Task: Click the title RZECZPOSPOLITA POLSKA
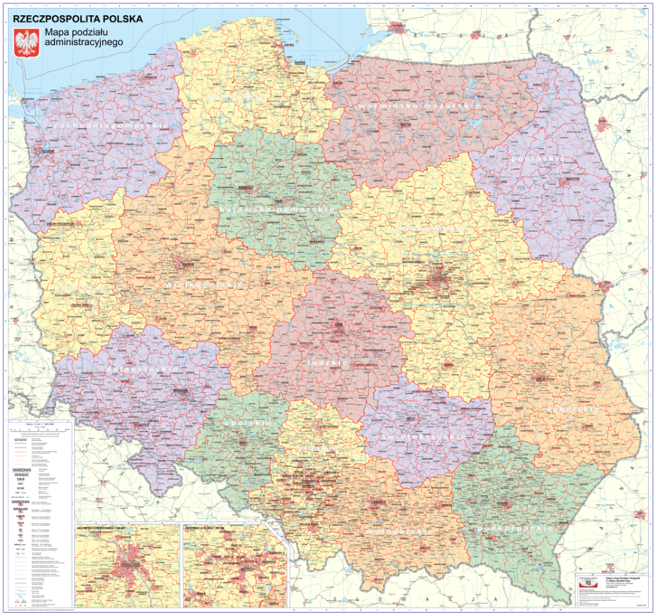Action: [78, 19]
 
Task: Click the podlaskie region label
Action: [537, 159]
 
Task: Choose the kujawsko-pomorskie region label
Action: [275, 210]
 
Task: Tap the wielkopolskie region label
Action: [205, 284]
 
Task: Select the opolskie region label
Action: [247, 423]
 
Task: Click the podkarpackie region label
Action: [515, 528]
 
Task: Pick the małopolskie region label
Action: [399, 532]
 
